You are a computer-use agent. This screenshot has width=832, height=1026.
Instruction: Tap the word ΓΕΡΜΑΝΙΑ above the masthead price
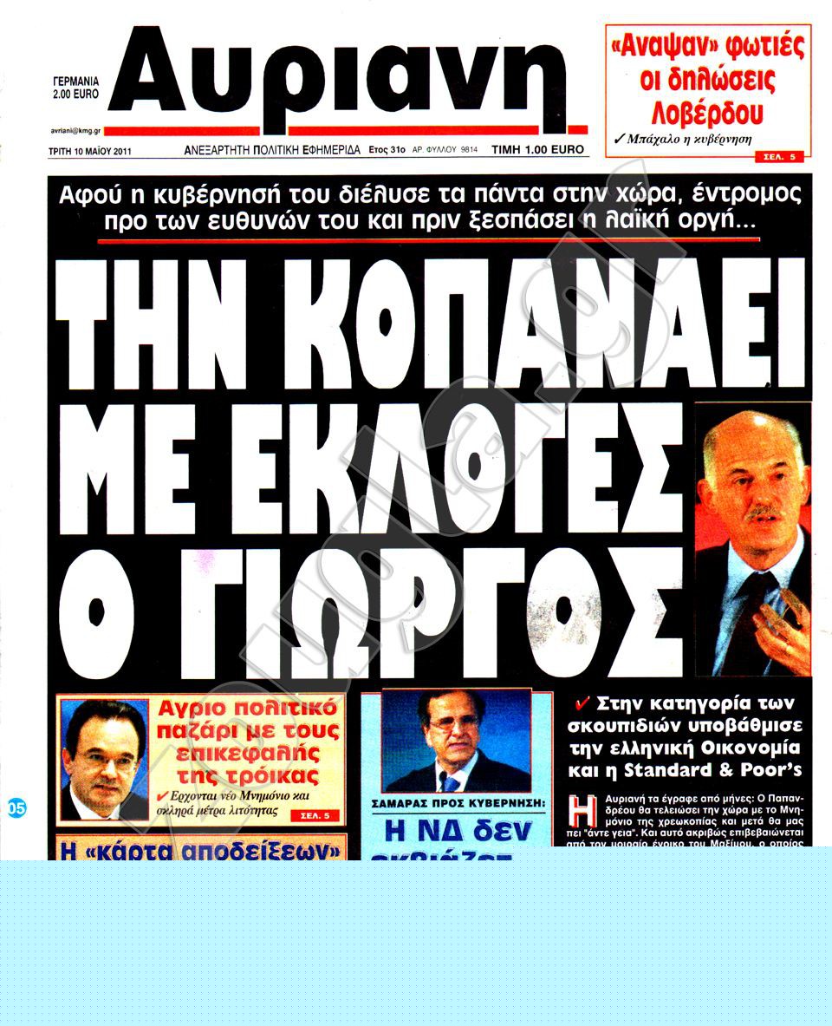click(x=76, y=78)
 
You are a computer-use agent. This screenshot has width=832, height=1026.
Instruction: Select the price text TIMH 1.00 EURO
click(x=537, y=150)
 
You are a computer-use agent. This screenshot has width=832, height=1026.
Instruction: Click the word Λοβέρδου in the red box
click(x=707, y=113)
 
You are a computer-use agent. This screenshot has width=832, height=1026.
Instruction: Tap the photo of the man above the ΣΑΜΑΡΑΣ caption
click(x=456, y=742)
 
